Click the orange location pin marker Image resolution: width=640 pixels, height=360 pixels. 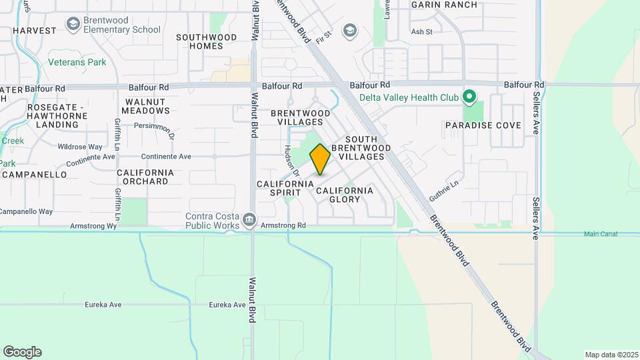[320, 159]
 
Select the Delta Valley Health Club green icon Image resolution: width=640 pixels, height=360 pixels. [469, 97]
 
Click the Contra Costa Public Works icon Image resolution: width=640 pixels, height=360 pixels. [249, 219]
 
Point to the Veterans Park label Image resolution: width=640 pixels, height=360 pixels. [77, 63]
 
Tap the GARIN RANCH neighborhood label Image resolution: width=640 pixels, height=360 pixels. [444, 5]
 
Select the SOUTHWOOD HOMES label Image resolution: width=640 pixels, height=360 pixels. [206, 41]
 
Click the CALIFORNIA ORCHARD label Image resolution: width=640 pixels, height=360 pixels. [145, 177]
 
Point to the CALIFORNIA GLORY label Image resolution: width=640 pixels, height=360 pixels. [345, 195]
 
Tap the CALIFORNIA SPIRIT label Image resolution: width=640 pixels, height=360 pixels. [285, 188]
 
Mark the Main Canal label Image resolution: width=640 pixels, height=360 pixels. [601, 234]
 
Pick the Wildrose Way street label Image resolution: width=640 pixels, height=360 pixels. [80, 147]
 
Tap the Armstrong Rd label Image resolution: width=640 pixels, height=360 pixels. [283, 226]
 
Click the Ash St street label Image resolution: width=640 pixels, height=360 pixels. [422, 31]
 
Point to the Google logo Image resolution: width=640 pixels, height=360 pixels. [22, 352]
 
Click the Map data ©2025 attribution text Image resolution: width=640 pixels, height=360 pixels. [610, 355]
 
